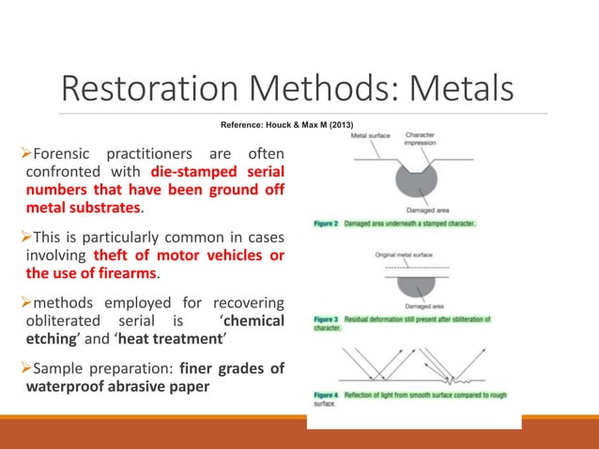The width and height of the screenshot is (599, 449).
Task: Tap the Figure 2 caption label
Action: [x=326, y=224]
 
